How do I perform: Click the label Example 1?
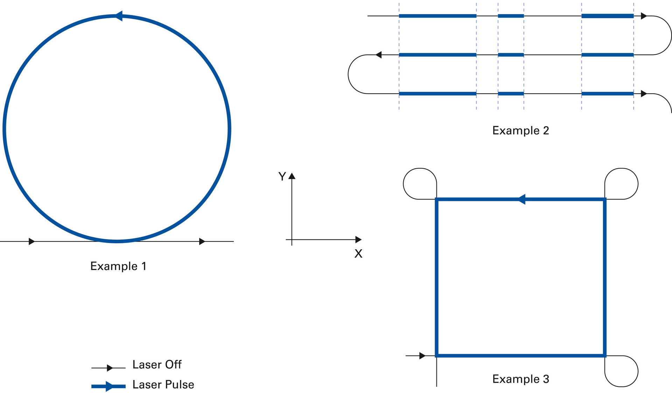click(x=118, y=266)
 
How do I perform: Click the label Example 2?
click(x=520, y=130)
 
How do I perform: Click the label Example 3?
click(x=520, y=379)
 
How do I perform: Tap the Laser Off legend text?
click(x=157, y=365)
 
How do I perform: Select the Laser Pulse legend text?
click(x=163, y=385)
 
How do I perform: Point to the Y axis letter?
click(x=282, y=176)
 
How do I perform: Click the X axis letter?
click(x=358, y=253)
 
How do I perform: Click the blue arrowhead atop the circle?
click(x=119, y=16)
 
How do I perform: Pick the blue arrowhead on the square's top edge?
click(x=521, y=199)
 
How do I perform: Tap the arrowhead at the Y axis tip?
click(x=292, y=176)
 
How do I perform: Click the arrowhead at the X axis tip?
click(x=358, y=239)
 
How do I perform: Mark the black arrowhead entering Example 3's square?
click(x=422, y=356)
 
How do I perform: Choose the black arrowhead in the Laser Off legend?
click(x=110, y=368)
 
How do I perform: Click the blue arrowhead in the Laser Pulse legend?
click(x=109, y=386)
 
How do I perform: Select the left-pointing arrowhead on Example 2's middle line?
click(x=378, y=55)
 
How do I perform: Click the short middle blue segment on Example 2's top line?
click(x=511, y=16)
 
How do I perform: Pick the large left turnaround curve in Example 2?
click(x=349, y=74)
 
